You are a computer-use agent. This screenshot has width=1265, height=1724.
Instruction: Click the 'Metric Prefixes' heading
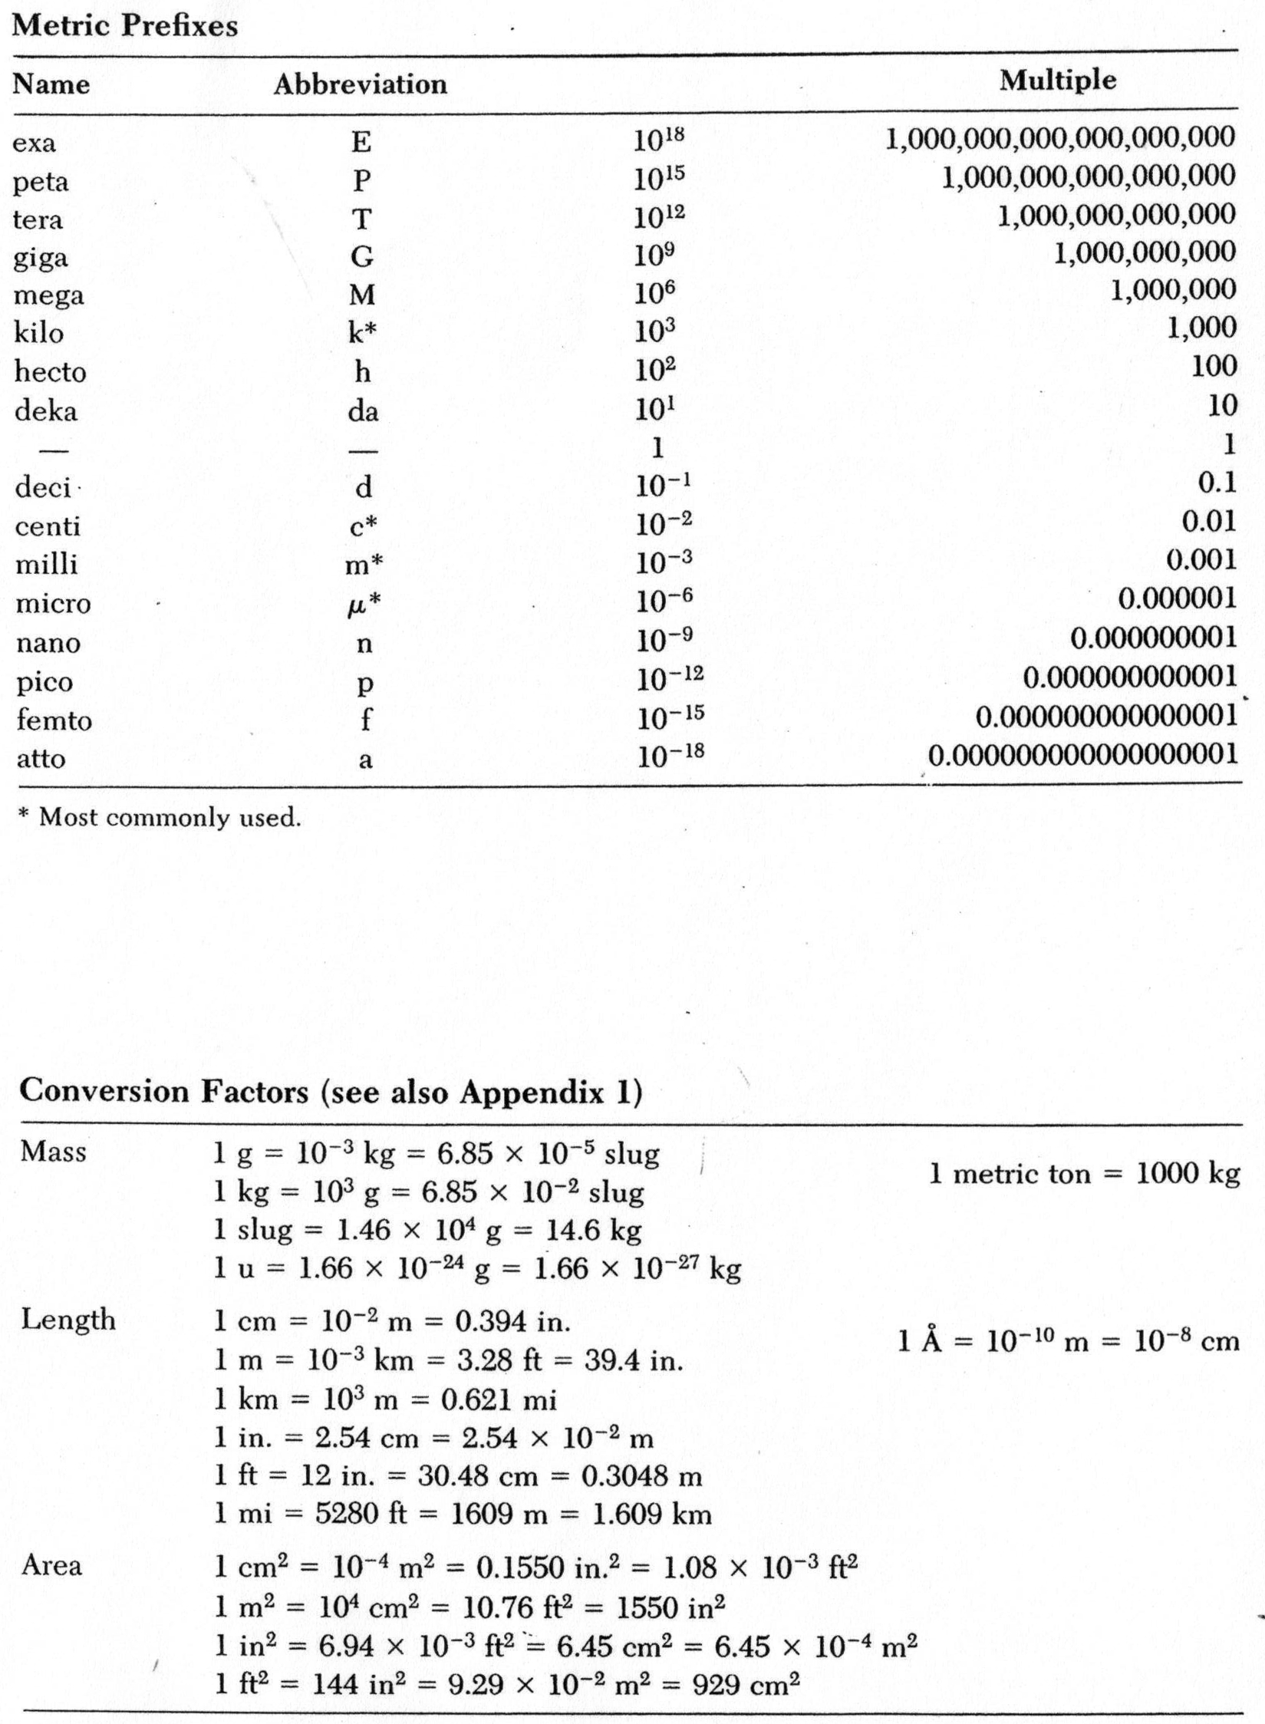pyautogui.click(x=125, y=26)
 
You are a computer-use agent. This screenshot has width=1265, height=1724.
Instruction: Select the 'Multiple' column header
pyautogui.click(x=1057, y=80)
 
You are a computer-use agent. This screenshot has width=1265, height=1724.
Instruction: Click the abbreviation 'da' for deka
pyautogui.click(x=363, y=411)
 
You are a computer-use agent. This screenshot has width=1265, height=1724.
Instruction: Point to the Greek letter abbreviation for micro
pyautogui.click(x=357, y=605)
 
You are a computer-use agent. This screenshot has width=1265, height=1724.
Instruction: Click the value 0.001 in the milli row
pyautogui.click(x=1201, y=560)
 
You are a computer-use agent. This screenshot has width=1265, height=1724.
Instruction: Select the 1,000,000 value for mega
pyautogui.click(x=1173, y=290)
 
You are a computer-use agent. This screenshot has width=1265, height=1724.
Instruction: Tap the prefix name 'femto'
pyautogui.click(x=54, y=720)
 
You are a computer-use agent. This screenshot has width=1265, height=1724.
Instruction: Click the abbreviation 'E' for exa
pyautogui.click(x=361, y=142)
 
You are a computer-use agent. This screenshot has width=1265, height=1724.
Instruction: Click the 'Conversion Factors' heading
pyautogui.click(x=330, y=1092)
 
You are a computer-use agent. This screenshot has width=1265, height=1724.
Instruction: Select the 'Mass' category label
pyautogui.click(x=54, y=1152)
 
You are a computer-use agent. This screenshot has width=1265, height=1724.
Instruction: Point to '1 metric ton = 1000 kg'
pyautogui.click(x=1085, y=1173)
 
